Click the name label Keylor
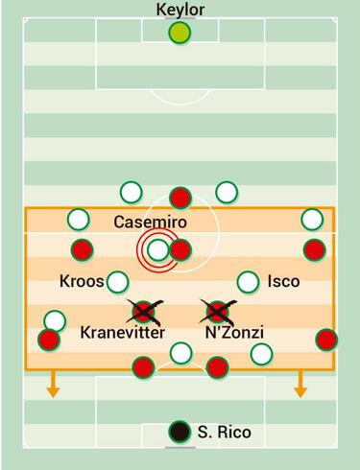(x=180, y=10)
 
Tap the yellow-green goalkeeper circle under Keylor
(x=180, y=34)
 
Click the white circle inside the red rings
(x=158, y=251)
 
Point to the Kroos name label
(x=81, y=282)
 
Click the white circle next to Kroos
(x=117, y=282)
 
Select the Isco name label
(x=283, y=282)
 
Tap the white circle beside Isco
(x=248, y=282)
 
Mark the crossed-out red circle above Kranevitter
(x=144, y=311)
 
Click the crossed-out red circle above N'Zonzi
(x=217, y=311)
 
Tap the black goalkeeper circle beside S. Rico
(x=180, y=432)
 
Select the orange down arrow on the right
(x=300, y=387)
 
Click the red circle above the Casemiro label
(x=179, y=199)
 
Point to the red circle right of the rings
(x=180, y=251)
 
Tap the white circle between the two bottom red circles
(x=180, y=353)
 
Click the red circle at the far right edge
(x=325, y=340)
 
